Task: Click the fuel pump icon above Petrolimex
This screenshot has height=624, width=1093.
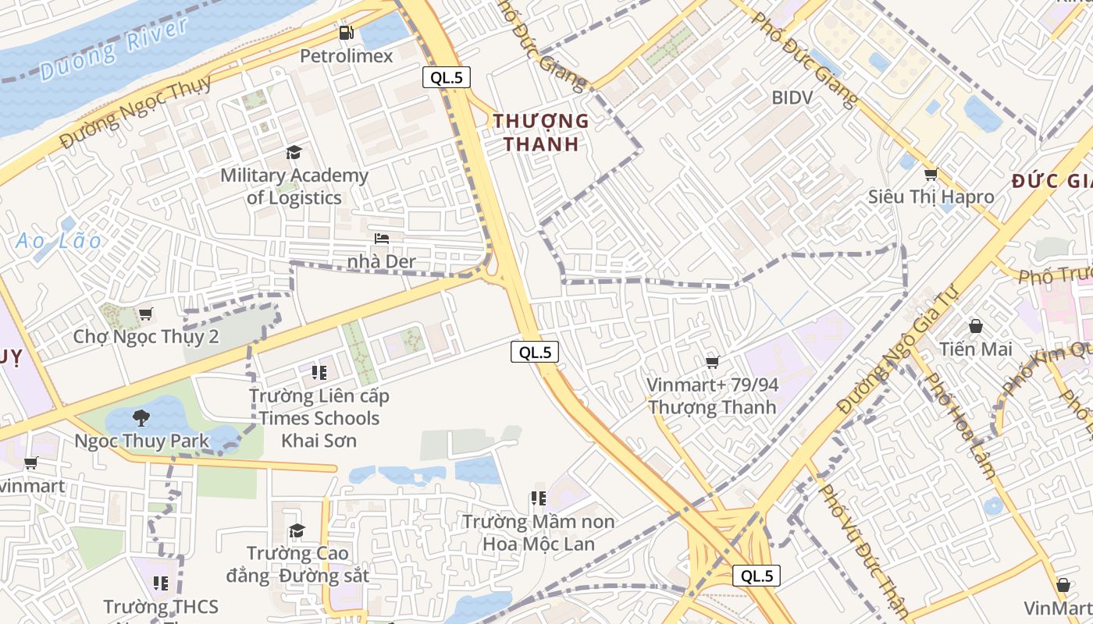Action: coord(347,33)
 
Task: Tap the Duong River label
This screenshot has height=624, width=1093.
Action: coord(114,49)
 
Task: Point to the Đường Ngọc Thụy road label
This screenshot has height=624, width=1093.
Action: coord(136,114)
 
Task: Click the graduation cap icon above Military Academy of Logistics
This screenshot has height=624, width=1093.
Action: coord(294,152)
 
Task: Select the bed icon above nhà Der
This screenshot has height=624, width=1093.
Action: coord(382,238)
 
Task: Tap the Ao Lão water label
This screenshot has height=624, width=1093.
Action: coord(59,241)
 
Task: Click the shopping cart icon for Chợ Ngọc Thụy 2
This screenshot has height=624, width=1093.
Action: coord(145,314)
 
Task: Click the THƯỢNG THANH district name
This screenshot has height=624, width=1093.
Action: coord(541,133)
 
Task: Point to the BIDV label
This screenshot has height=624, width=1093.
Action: coord(792,97)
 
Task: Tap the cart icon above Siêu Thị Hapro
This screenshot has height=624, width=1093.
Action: coord(930,174)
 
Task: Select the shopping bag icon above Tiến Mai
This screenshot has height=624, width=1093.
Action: coord(975,325)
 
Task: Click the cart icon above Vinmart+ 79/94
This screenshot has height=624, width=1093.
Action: coord(712,362)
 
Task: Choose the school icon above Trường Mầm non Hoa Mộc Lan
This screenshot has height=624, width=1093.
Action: coord(538,498)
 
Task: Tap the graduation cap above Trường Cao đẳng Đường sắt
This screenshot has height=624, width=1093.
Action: coord(297,531)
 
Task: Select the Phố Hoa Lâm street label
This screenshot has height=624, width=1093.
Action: coord(959,425)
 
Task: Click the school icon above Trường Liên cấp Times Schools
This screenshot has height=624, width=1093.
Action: coord(319,372)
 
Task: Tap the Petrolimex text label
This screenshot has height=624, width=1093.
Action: coord(347,56)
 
